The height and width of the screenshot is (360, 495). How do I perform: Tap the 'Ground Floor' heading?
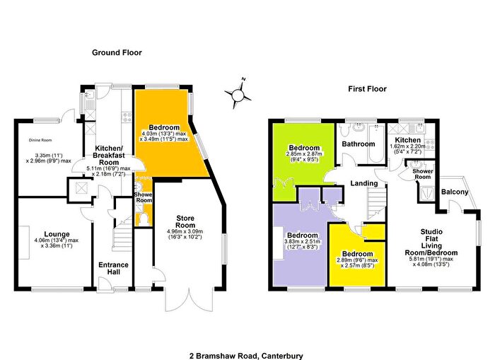click(x=117, y=52)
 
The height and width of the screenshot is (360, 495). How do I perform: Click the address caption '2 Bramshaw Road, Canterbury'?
click(x=247, y=337)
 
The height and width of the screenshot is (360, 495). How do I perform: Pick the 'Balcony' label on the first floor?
click(x=455, y=192)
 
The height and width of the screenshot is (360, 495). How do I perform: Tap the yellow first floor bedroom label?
click(x=356, y=253)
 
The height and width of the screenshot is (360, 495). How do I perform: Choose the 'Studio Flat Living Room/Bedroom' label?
click(x=438, y=242)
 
